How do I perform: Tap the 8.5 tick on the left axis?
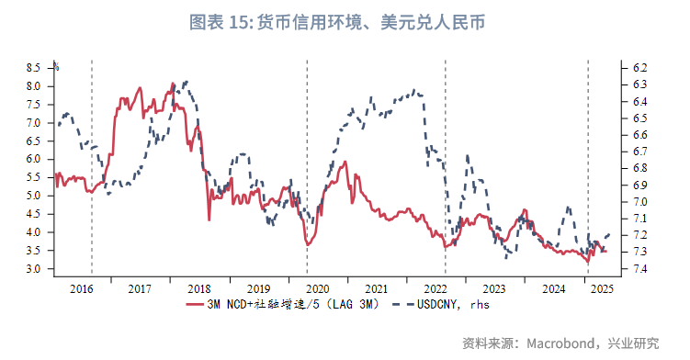coord(33,68)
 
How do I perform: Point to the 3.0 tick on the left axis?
coord(33,269)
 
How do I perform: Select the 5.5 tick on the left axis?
coord(33,177)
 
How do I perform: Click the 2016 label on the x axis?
coord(82,288)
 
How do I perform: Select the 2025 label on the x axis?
coord(602,288)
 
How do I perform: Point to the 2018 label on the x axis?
coord(198,288)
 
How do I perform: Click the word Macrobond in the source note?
coord(560,343)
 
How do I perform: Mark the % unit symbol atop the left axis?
coord(56,66)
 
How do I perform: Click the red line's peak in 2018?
coord(174,84)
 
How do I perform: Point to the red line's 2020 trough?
coord(309,244)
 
